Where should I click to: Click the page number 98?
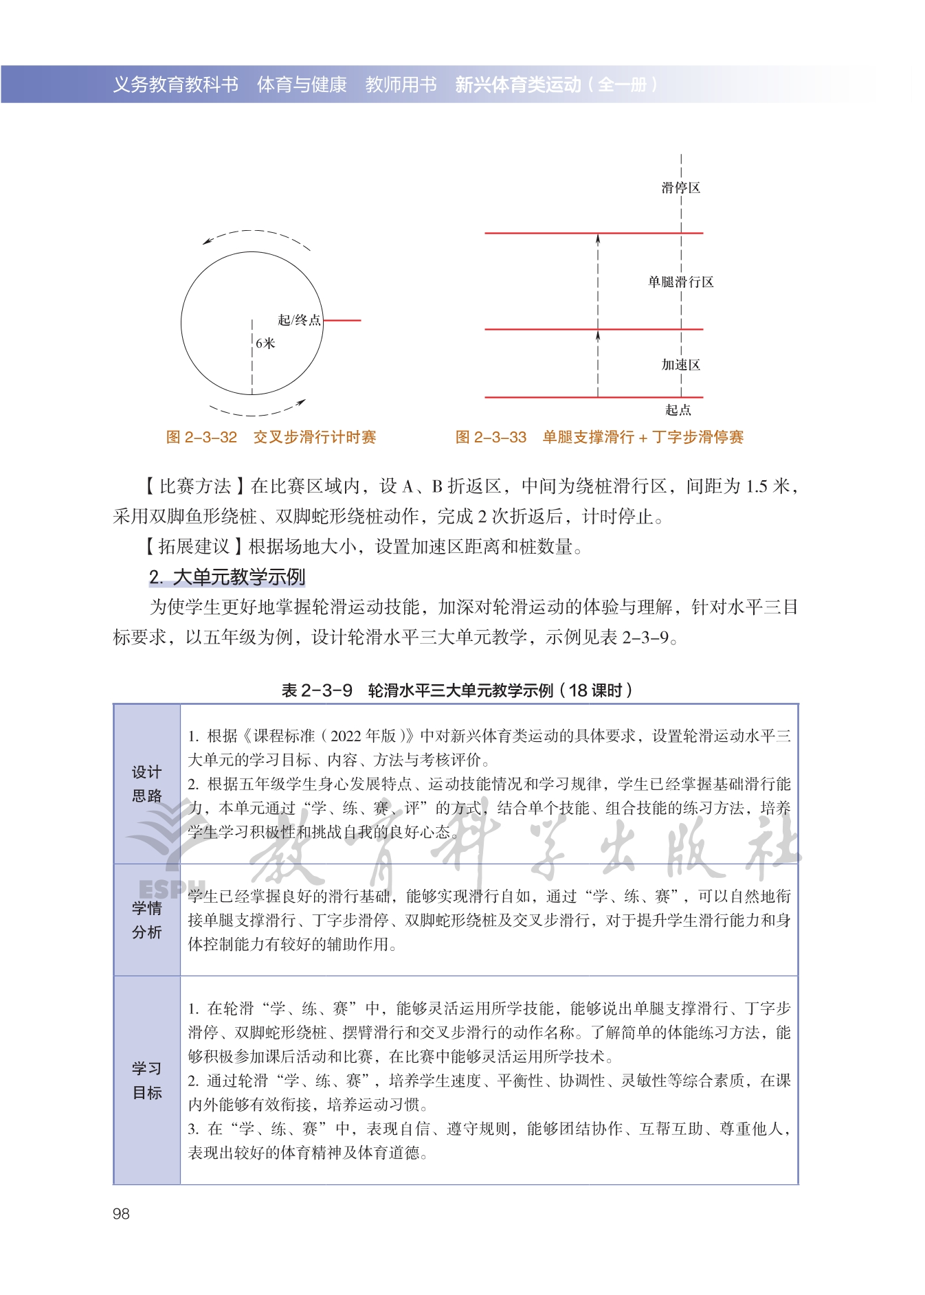pos(121,1214)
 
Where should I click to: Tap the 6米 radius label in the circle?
pos(265,343)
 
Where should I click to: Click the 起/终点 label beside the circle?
pos(299,320)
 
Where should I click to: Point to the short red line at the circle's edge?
pos(342,320)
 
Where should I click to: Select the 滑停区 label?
pos(680,188)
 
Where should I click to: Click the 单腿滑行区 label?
pos(680,282)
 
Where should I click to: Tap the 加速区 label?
pos(680,365)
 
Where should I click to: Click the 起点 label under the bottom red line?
pos(678,410)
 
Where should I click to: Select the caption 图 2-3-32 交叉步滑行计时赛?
pos(271,438)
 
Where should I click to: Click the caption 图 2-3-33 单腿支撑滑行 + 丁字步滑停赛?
pos(599,438)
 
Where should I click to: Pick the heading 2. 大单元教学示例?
pos(227,577)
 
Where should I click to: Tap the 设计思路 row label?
pos(147,784)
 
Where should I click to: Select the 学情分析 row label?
pos(147,920)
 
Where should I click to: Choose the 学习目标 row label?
pos(147,1080)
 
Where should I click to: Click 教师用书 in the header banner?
pos(401,85)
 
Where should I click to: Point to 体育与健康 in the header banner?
pos(302,85)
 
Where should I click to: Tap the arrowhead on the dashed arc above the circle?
pos(206,242)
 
